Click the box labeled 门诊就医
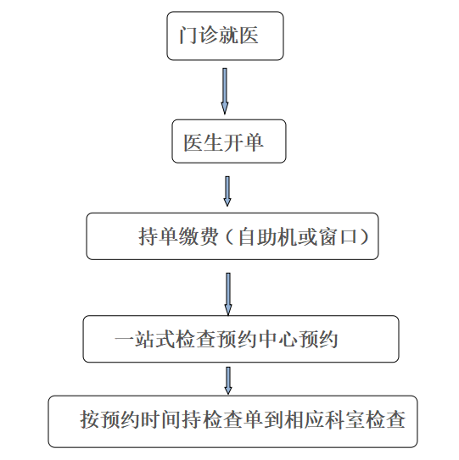pyautogui.click(x=225, y=36)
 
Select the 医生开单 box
pyautogui.click(x=229, y=141)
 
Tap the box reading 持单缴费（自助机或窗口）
pyautogui.click(x=232, y=236)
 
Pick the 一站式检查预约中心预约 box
pyautogui.click(x=241, y=339)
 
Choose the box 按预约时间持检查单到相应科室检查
pyautogui.click(x=232, y=421)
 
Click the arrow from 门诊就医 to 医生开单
pyautogui.click(x=225, y=91)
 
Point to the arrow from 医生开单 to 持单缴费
pyautogui.click(x=227, y=191)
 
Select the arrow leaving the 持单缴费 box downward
pyautogui.click(x=228, y=294)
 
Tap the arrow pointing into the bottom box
pyautogui.click(x=228, y=380)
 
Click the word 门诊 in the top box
pyautogui.click(x=199, y=36)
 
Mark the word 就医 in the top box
pyautogui.click(x=238, y=36)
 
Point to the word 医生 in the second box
pyautogui.click(x=204, y=143)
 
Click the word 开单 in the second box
pyautogui.click(x=243, y=143)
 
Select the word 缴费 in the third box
pyautogui.click(x=199, y=236)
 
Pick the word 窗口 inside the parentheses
pyautogui.click(x=338, y=236)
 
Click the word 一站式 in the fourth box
pyautogui.click(x=144, y=340)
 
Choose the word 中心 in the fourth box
pyautogui.click(x=277, y=340)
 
